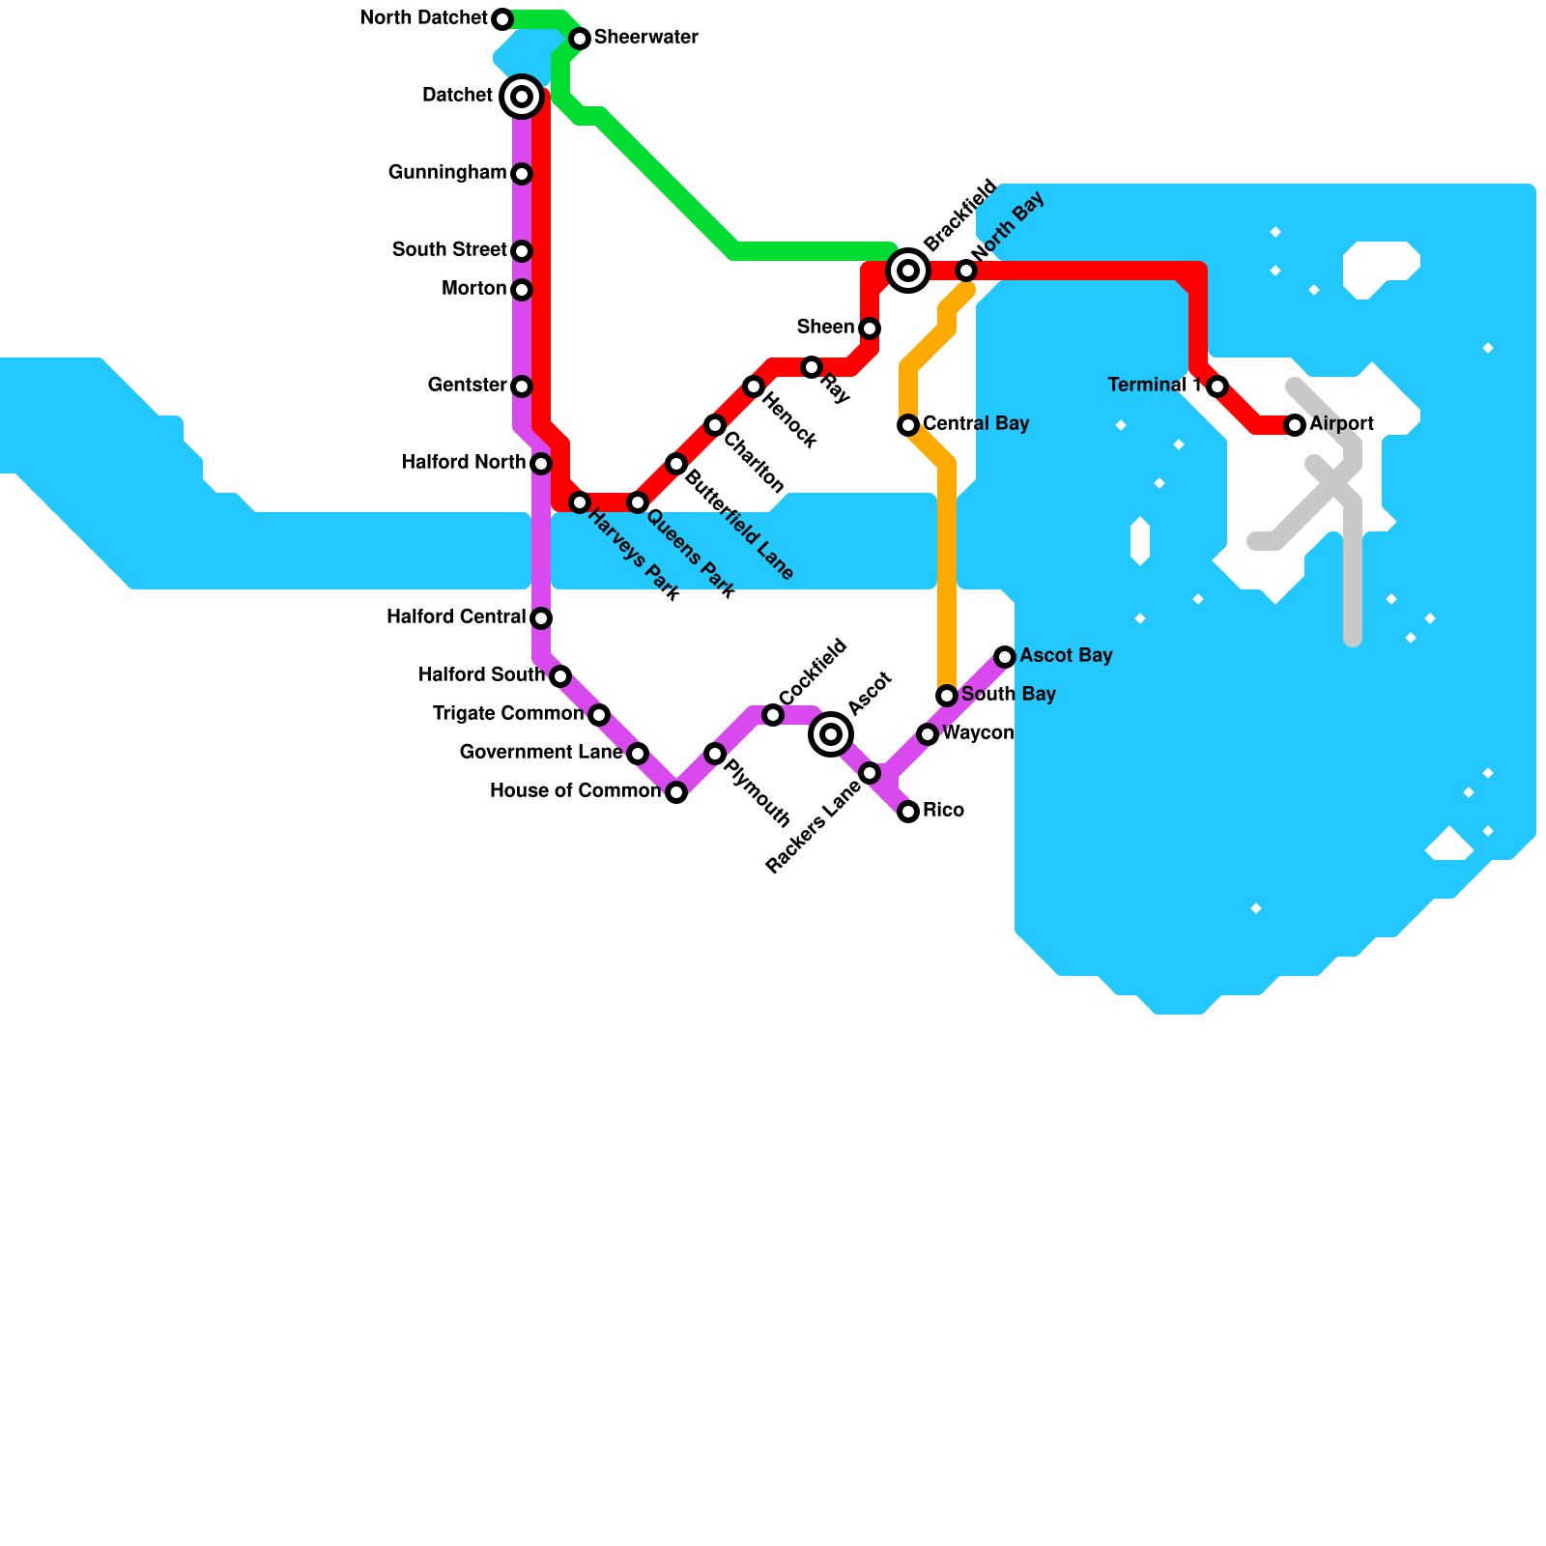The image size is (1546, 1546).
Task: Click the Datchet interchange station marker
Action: [x=522, y=96]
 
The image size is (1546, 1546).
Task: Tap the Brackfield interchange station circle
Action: [x=908, y=271]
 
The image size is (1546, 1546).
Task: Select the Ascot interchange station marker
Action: [x=831, y=734]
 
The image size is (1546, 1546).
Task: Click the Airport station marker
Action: [x=1295, y=425]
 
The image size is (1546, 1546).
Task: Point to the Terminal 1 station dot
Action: [x=1217, y=386]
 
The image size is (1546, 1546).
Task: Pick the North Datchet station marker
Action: [x=502, y=19]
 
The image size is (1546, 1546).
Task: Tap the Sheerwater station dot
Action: [x=580, y=39]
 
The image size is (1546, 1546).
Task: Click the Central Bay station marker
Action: [x=908, y=425]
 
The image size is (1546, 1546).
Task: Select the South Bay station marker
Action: [x=947, y=696]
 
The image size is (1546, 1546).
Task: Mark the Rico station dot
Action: [x=908, y=812]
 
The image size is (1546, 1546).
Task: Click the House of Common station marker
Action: [x=676, y=792]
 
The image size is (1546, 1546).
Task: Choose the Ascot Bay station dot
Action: [x=1005, y=657]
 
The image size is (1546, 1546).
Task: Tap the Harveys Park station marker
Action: [x=580, y=502]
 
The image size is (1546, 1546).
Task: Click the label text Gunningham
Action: [x=447, y=173]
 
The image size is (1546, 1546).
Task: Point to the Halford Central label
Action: [x=456, y=617]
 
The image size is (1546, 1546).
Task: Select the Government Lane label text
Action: [x=541, y=753]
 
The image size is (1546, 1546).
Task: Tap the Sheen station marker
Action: [x=870, y=329]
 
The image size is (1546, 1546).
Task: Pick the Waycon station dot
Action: [x=928, y=734]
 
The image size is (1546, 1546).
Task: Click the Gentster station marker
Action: [x=522, y=386]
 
